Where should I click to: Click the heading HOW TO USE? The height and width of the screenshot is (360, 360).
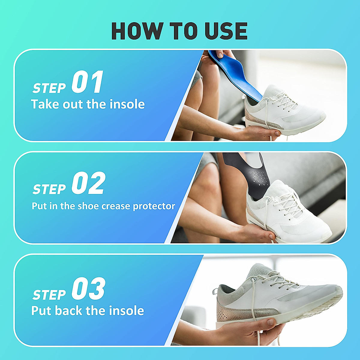pos(179,31)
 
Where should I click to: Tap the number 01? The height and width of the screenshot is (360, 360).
pos(87,82)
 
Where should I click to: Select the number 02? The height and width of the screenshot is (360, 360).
pos(88,183)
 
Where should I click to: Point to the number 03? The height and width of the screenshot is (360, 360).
pos(88,289)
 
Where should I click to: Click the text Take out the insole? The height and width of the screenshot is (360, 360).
pos(88,104)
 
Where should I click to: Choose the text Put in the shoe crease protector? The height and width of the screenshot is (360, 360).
pos(103,206)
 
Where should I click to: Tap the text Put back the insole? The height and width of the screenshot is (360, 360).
pos(88,311)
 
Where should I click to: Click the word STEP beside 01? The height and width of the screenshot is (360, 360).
pos(49,88)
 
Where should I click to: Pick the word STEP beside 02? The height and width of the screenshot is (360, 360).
pos(49,189)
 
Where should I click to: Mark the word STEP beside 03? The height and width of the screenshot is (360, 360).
pos(49,295)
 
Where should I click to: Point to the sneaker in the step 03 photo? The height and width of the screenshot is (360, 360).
pos(279,297)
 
